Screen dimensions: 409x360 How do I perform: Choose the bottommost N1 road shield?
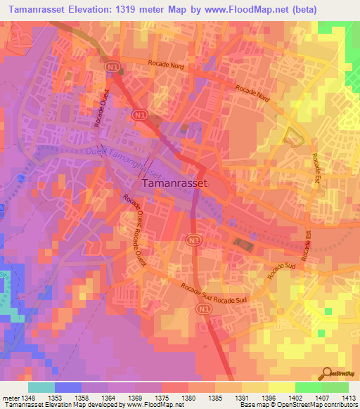pyautogui.click(x=204, y=309)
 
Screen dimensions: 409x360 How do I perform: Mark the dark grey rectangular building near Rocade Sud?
pyautogui.click(x=243, y=245)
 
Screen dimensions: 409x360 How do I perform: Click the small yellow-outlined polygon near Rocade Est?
pyautogui.click(x=292, y=137)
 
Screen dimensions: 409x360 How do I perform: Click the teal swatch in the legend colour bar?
pyautogui.click(x=41, y=387)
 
